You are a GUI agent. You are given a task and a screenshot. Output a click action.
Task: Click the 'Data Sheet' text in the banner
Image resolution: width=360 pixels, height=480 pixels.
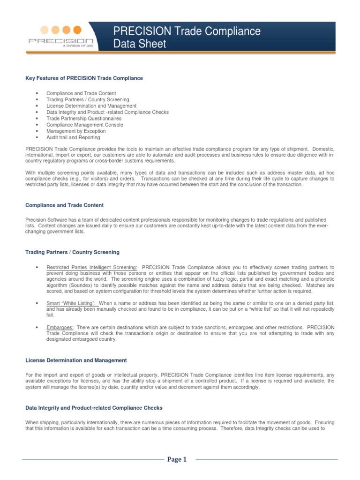[140, 44]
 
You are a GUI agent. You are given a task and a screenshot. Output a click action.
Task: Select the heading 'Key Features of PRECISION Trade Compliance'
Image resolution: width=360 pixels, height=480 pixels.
[84, 78]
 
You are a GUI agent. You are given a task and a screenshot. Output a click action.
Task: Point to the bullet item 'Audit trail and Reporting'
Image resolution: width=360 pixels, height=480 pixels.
[73, 138]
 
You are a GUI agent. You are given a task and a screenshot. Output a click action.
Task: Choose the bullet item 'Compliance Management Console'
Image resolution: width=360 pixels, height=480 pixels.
[85, 125]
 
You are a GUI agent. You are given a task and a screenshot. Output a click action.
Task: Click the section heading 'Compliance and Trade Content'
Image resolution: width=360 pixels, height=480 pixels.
[64, 205]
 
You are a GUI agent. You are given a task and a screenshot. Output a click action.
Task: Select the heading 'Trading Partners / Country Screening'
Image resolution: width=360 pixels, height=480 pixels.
[72, 252]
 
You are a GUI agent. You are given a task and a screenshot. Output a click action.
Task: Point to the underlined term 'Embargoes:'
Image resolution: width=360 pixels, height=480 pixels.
[60, 327]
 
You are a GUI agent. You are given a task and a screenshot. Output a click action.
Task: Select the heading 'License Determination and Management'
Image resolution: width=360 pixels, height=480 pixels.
[75, 360]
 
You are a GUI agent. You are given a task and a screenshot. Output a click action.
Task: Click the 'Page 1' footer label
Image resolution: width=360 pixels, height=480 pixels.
[177, 459]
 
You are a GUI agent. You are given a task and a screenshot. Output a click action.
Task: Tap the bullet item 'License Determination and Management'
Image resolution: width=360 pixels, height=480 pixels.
[91, 106]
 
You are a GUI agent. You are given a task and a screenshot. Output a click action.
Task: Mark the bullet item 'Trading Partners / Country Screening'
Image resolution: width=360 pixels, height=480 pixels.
[88, 100]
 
